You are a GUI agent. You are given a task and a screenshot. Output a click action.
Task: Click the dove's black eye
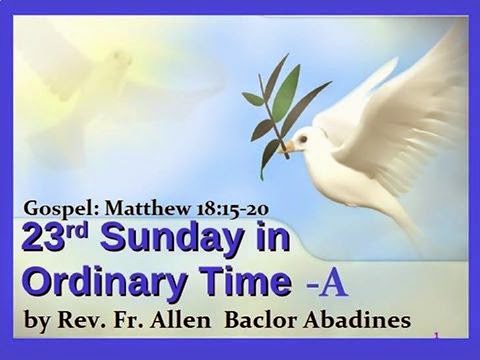coord(303,139)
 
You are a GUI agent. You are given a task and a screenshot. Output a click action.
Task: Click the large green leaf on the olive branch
coord(286,90)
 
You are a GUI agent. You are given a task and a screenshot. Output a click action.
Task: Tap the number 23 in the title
coord(42,238)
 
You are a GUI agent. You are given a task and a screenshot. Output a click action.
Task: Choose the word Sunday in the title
coord(171,240)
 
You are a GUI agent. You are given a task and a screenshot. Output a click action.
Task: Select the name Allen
coord(180,320)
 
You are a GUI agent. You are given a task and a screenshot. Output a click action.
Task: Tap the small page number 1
coord(437,338)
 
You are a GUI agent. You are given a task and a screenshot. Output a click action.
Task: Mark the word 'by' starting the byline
coord(37,322)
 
